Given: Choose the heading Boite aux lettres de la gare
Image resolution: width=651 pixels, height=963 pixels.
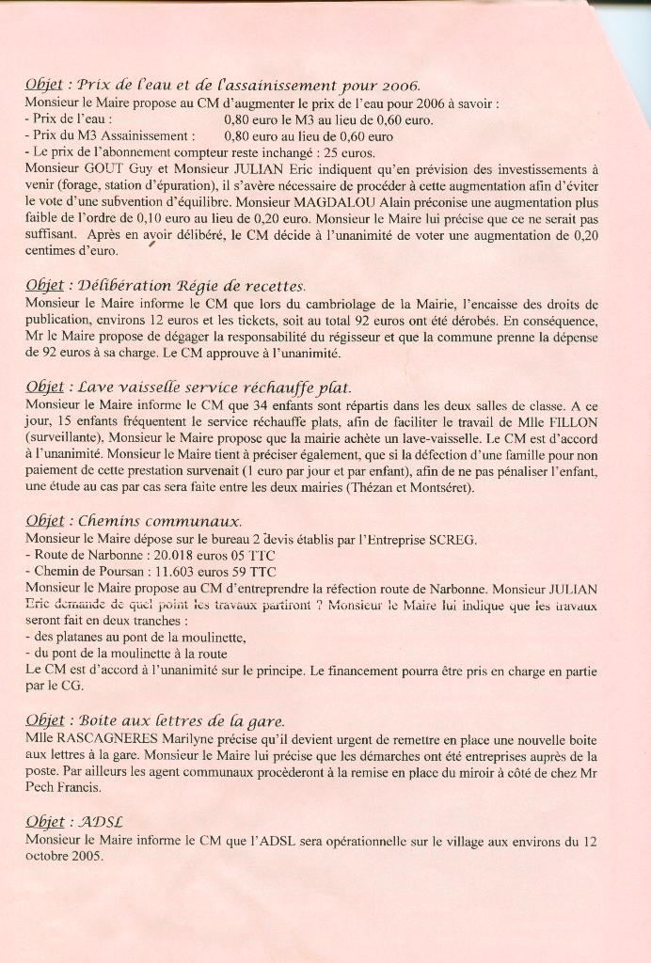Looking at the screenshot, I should coord(155,720).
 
